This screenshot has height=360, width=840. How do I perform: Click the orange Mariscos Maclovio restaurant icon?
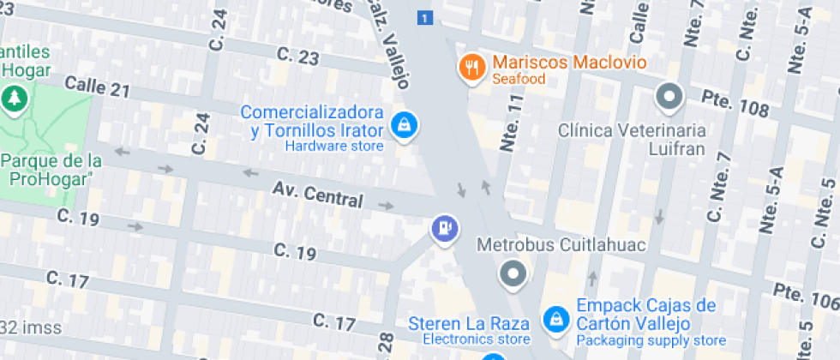point(471,67)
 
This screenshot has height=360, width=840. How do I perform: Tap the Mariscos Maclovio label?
point(569,63)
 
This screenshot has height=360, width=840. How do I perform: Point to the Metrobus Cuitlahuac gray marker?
point(513,274)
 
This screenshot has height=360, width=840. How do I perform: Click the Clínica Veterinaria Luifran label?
point(632,139)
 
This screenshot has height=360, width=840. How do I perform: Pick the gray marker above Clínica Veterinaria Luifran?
point(669,97)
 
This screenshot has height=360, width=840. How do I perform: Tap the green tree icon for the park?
point(14,99)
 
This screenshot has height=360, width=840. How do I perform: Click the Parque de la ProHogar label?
point(51,170)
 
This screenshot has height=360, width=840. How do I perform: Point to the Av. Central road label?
point(317,195)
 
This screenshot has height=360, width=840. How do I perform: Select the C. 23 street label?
point(298,57)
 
